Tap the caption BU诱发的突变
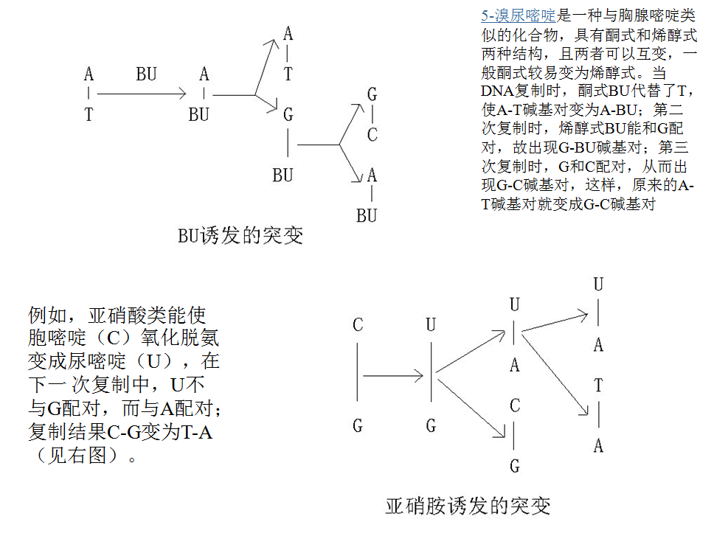(x=240, y=236)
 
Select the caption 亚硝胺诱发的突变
(x=468, y=506)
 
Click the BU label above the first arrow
(x=146, y=74)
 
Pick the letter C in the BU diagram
(x=372, y=136)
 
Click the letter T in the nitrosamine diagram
(x=598, y=386)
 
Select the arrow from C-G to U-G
(x=393, y=376)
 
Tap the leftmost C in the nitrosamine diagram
(x=358, y=325)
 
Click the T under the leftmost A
(x=89, y=115)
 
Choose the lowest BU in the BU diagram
(x=367, y=216)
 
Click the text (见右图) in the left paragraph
(x=81, y=455)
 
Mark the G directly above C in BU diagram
(x=372, y=94)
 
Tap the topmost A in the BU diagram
(x=288, y=33)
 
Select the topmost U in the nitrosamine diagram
(x=598, y=284)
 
